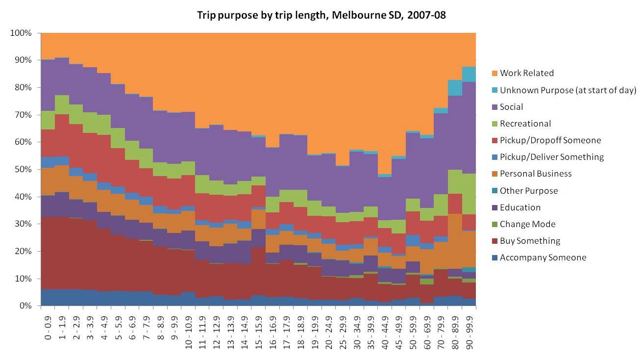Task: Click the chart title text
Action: click(321, 15)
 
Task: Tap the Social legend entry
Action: click(511, 107)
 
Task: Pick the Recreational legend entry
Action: click(525, 124)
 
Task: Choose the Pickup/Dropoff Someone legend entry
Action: click(550, 140)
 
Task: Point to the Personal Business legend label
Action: click(536, 174)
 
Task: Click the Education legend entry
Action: click(520, 207)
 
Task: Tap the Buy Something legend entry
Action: click(530, 241)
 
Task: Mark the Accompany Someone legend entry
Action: click(543, 257)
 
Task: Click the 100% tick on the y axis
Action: click(21, 33)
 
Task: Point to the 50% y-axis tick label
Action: click(23, 169)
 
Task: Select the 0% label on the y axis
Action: click(25, 306)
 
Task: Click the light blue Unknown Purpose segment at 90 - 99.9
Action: click(469, 74)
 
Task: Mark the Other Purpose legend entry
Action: click(528, 191)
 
